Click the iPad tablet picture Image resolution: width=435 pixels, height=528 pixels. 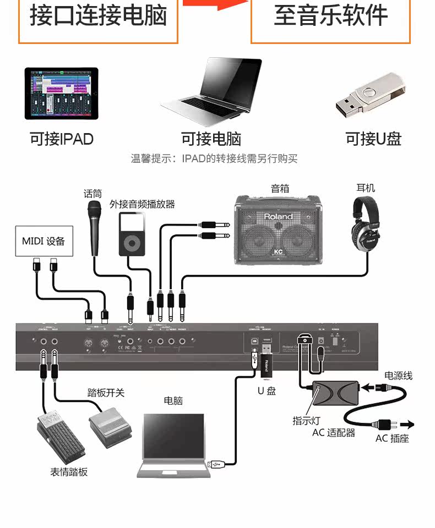(x=61, y=94)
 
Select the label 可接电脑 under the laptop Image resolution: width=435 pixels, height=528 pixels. (x=211, y=139)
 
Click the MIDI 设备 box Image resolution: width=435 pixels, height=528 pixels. (x=44, y=241)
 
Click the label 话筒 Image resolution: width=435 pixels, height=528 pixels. (x=93, y=194)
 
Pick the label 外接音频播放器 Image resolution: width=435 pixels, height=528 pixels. (x=142, y=204)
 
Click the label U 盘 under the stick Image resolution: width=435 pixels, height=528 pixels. (x=267, y=391)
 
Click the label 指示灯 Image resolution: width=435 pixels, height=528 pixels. (x=306, y=421)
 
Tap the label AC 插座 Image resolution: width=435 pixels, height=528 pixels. (x=392, y=438)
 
